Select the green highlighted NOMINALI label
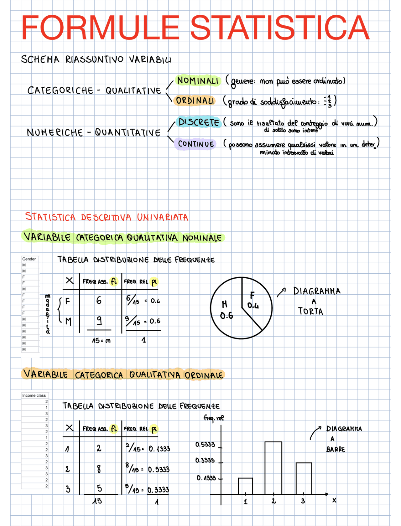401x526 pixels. point(198,80)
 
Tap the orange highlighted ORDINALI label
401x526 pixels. point(195,101)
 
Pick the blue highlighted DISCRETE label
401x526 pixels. point(199,122)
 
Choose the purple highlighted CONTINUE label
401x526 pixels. point(196,144)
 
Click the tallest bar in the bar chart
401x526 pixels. point(273,468)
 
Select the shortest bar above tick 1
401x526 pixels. point(245,486)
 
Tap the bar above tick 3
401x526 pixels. point(304,478)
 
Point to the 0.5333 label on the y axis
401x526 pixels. point(205,445)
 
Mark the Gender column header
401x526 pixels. point(29,259)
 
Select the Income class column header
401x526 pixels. point(34,395)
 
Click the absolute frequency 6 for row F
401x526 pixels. point(99,301)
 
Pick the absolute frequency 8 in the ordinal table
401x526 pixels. point(99,469)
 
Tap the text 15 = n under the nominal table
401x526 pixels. point(101,340)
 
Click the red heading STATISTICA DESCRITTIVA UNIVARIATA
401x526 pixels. point(107,217)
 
